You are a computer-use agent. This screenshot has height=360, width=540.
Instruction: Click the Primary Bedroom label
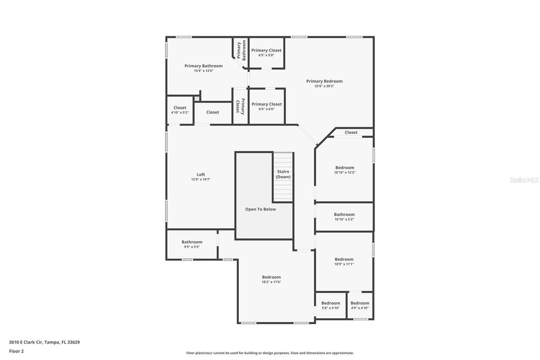324,81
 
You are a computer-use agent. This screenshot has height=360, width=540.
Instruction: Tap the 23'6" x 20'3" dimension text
324,86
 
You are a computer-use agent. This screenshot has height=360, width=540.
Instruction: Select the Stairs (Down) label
283,174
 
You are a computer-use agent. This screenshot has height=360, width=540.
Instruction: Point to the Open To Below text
260,209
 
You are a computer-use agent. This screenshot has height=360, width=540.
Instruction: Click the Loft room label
201,174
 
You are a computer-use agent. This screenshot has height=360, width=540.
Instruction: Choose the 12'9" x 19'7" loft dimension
201,179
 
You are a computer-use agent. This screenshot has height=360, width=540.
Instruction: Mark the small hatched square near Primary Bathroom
197,99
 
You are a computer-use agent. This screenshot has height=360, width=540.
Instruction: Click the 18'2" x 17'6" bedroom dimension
271,282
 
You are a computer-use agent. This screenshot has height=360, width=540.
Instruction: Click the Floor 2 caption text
16,351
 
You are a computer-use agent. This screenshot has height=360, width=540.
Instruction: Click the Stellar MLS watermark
524,180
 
